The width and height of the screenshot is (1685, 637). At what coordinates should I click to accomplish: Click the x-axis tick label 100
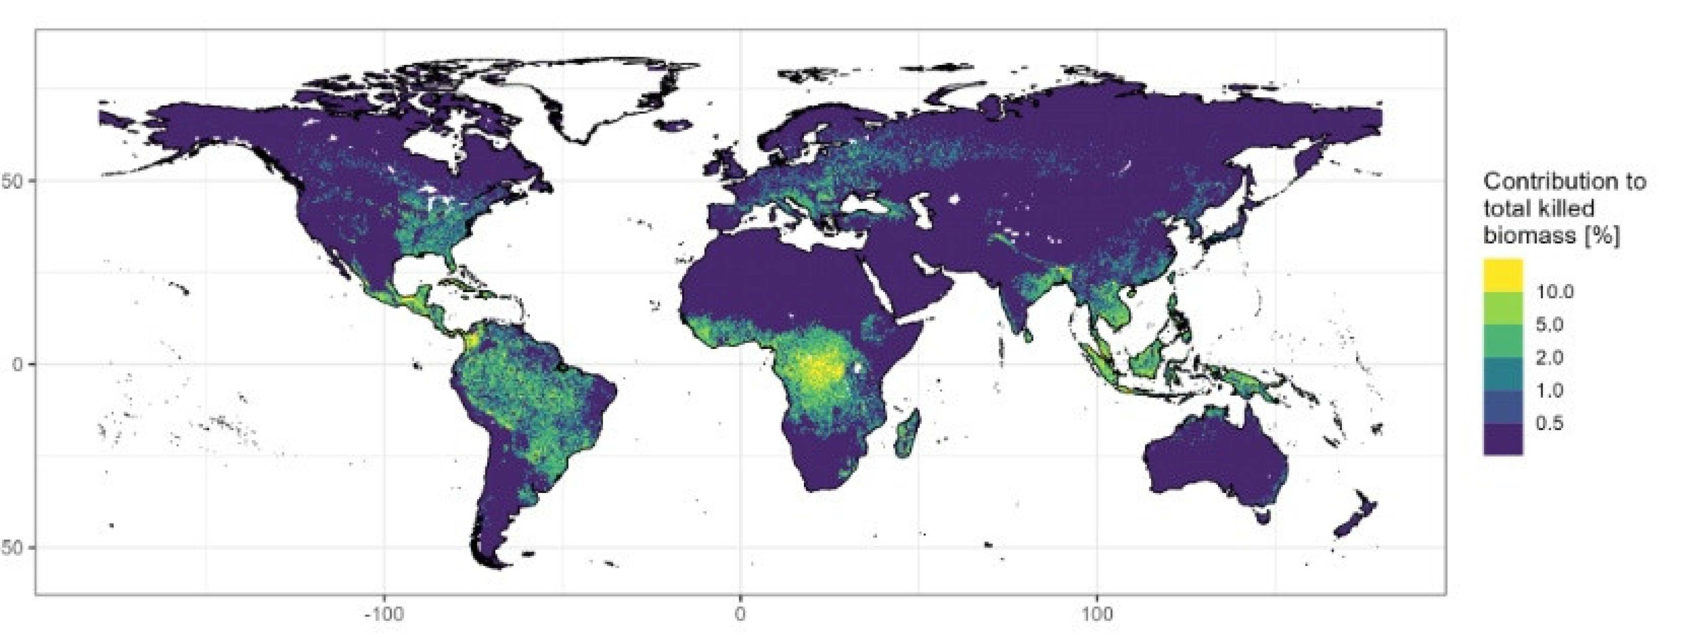1097,616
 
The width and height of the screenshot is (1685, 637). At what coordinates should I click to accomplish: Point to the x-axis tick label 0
740,616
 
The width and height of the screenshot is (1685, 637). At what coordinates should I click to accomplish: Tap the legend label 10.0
1555,292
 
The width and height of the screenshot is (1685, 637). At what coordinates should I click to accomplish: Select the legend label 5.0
1549,325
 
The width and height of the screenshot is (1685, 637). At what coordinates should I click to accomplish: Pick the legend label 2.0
1549,358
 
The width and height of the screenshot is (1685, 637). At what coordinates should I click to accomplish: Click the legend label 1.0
1549,390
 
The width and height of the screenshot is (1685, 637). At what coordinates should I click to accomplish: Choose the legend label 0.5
1549,423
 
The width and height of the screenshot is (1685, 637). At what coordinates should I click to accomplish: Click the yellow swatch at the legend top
1503,275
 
